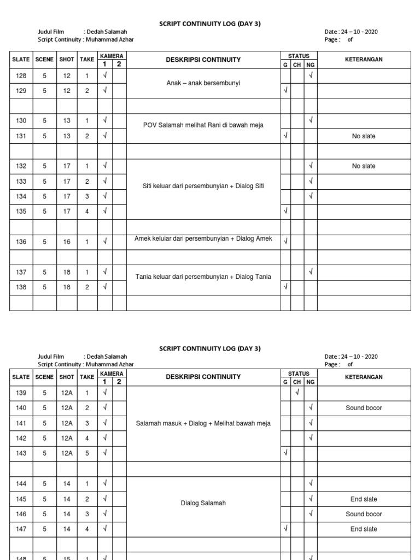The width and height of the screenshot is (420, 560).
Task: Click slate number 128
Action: click(21, 76)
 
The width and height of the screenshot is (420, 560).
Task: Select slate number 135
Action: click(21, 211)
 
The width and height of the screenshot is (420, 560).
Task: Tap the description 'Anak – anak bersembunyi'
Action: click(203, 83)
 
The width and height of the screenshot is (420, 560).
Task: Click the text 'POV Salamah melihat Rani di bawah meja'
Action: click(203, 125)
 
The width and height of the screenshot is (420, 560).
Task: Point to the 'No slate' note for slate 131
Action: click(364, 136)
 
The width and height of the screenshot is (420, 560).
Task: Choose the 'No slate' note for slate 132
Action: click(364, 166)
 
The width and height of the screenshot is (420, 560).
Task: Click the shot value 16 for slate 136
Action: click(67, 242)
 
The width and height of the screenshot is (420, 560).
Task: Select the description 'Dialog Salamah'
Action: click(203, 503)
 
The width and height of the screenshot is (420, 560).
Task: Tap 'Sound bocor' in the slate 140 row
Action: click(364, 408)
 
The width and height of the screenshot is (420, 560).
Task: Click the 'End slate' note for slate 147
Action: click(364, 529)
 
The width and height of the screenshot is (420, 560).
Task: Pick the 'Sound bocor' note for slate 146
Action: click(364, 514)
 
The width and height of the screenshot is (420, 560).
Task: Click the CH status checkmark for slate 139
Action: click(297, 393)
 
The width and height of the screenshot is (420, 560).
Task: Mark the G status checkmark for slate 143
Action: click(285, 453)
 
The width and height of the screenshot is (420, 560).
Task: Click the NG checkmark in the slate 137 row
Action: click(310, 271)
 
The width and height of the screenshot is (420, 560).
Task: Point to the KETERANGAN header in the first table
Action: click(364, 60)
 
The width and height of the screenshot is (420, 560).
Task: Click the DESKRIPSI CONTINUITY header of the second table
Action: click(203, 377)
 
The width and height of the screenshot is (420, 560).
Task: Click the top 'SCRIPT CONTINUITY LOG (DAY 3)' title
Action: click(209, 25)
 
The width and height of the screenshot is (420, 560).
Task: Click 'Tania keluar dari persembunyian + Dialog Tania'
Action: click(203, 277)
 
